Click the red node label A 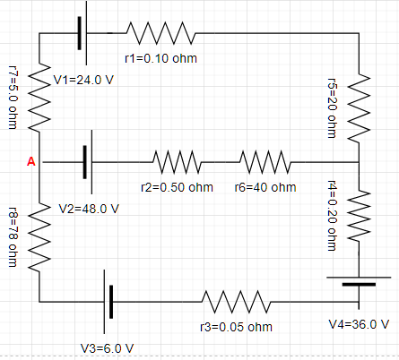point(31,162)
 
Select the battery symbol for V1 point(81,34)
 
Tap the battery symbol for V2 point(88,162)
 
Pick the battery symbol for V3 point(109,301)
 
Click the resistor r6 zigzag point(265,162)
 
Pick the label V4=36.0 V point(360,323)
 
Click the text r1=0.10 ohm point(160,59)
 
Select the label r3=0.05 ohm point(236,326)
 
